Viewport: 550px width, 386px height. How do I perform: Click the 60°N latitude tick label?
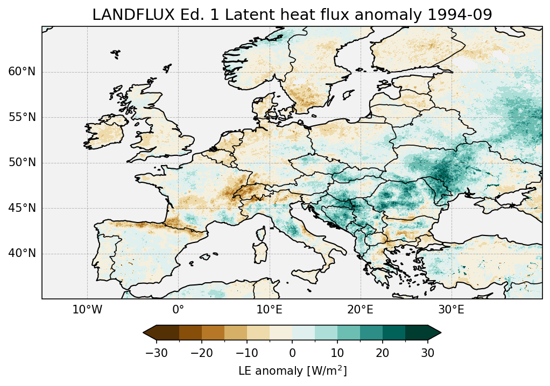click(22, 72)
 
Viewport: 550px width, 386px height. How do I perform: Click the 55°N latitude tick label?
click(22, 117)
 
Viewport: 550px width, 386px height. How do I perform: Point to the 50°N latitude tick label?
click(22, 163)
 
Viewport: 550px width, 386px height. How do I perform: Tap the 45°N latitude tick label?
click(22, 208)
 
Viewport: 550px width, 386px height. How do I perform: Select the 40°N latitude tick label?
click(22, 253)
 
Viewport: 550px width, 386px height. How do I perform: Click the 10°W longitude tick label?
click(87, 310)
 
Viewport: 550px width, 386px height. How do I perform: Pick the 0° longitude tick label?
click(178, 310)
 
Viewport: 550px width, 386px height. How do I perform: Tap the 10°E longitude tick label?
click(269, 310)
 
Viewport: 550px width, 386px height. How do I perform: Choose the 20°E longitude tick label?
click(360, 310)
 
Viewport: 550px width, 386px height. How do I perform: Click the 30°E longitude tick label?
click(451, 310)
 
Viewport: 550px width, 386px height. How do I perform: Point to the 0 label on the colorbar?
click(292, 353)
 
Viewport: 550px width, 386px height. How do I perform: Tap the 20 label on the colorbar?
click(383, 353)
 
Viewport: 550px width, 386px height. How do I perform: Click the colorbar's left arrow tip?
click(144, 333)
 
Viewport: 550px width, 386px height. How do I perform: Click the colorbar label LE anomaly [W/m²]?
click(292, 371)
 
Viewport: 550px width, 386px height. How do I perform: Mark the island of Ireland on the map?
click(108, 134)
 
